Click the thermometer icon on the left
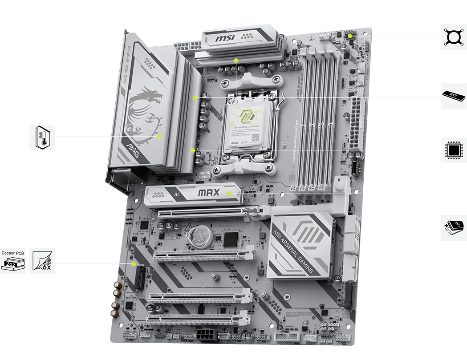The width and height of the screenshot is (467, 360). click(x=43, y=137)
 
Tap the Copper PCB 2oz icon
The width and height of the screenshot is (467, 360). click(x=12, y=260)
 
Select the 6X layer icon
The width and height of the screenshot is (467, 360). click(x=42, y=260)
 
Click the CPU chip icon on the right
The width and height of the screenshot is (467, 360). click(x=454, y=150)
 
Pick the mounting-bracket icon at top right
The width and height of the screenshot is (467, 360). click(x=454, y=36)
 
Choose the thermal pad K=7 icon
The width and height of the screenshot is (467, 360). click(x=454, y=96)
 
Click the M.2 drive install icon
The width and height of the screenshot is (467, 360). click(x=454, y=227)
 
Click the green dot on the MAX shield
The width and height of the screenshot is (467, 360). click(x=229, y=194)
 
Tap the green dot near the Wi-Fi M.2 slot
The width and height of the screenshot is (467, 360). click(x=134, y=263)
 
